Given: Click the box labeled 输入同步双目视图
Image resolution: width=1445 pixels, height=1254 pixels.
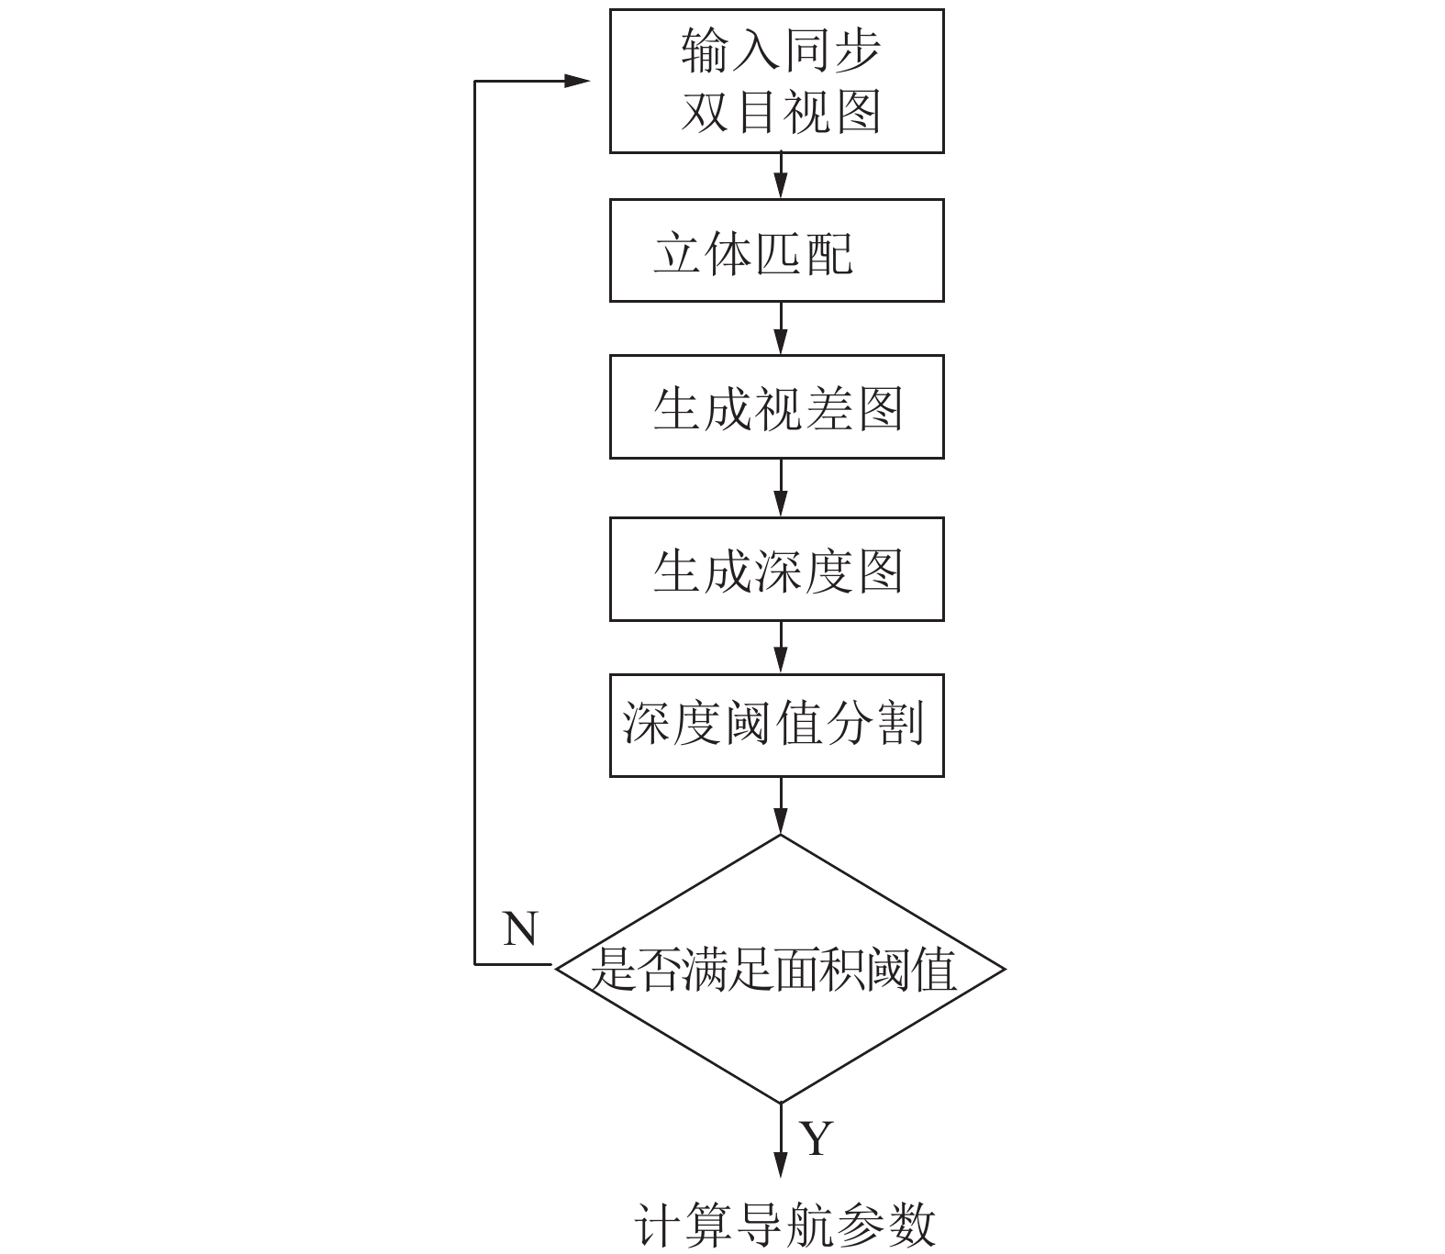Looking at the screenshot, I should pyautogui.click(x=776, y=81).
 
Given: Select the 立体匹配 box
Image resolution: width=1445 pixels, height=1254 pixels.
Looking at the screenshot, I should pyautogui.click(x=776, y=250).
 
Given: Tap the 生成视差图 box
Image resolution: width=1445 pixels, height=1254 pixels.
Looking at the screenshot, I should pyautogui.click(x=776, y=406).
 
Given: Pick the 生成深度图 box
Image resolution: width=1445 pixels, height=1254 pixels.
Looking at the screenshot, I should pyautogui.click(x=776, y=569).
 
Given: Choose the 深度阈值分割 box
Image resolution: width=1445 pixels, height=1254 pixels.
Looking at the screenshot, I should pyautogui.click(x=776, y=726).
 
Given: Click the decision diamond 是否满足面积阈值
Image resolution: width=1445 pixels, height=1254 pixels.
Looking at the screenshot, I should pyautogui.click(x=780, y=968).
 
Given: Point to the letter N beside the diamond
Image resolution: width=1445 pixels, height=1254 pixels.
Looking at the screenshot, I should pyautogui.click(x=520, y=929).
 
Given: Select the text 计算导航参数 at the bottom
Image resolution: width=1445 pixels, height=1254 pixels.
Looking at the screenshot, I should pyautogui.click(x=784, y=1225).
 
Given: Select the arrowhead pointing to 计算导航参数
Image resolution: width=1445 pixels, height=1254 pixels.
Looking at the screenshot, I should pyautogui.click(x=781, y=1163).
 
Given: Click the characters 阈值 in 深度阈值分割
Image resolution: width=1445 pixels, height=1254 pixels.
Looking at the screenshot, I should pyautogui.click(x=778, y=726).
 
